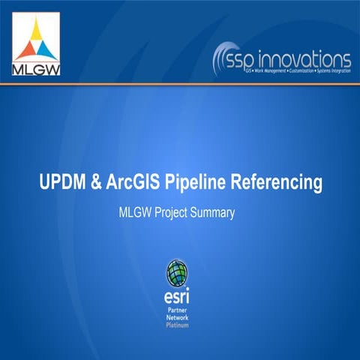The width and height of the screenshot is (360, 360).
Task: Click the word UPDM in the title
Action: click(62, 182)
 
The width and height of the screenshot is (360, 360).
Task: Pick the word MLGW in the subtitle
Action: click(136, 213)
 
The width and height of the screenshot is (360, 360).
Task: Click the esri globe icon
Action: click(178, 274)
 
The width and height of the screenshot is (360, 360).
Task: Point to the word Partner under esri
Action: click(178, 310)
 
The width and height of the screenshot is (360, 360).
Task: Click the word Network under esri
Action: click(178, 318)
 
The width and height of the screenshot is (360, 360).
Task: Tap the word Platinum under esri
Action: click(178, 325)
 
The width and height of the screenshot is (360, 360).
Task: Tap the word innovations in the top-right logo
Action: click(310, 58)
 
